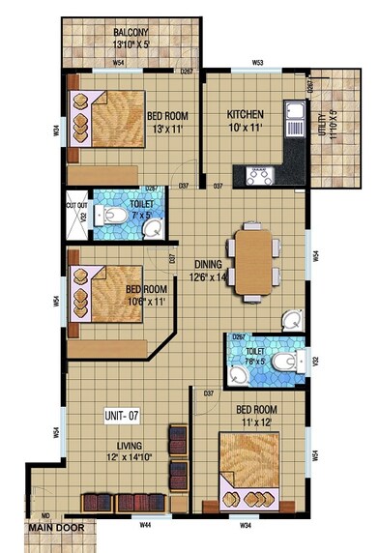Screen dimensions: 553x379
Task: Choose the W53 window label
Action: [x=258, y=63]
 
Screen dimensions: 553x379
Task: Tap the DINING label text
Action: [x=209, y=263]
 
